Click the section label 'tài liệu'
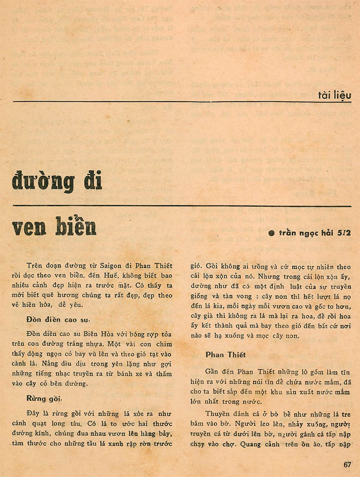pos(333,95)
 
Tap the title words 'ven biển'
pos(54,226)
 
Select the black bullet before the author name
pos(271,233)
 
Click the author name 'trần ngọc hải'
pos(304,233)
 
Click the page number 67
pos(346,465)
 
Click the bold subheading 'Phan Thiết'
pos(225,355)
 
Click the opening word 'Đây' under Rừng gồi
pos(32,414)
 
